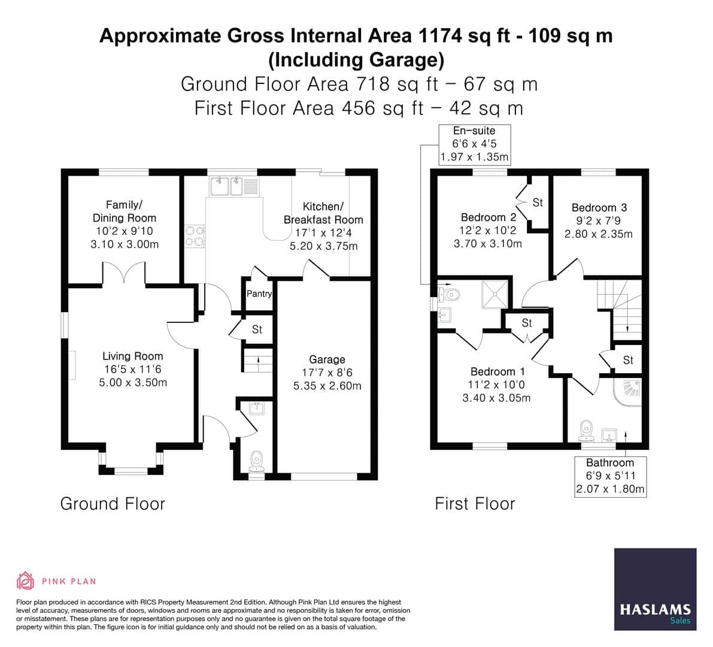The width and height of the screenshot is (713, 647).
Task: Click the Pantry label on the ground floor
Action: coord(259,294)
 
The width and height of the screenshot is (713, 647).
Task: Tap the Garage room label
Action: coord(327,359)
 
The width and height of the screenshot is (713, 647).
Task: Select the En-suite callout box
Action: coord(474,144)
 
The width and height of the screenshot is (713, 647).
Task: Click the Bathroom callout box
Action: coord(609,476)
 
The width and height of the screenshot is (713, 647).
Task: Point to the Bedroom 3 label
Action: coord(599,208)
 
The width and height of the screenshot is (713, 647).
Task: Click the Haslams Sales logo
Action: coord(655,589)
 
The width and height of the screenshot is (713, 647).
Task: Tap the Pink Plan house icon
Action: coord(25,581)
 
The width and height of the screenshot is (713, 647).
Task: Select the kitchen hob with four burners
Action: coord(195,236)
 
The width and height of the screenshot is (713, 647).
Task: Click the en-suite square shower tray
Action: coord(496,293)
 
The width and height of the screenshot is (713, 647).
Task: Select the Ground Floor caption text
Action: coord(113,504)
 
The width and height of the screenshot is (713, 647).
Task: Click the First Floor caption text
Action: coord(475,504)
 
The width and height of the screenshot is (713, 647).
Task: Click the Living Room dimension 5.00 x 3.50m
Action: coord(133,382)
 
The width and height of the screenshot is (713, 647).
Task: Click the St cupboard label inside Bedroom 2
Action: coord(537,202)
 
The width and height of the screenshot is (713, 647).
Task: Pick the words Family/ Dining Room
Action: coord(124,211)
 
